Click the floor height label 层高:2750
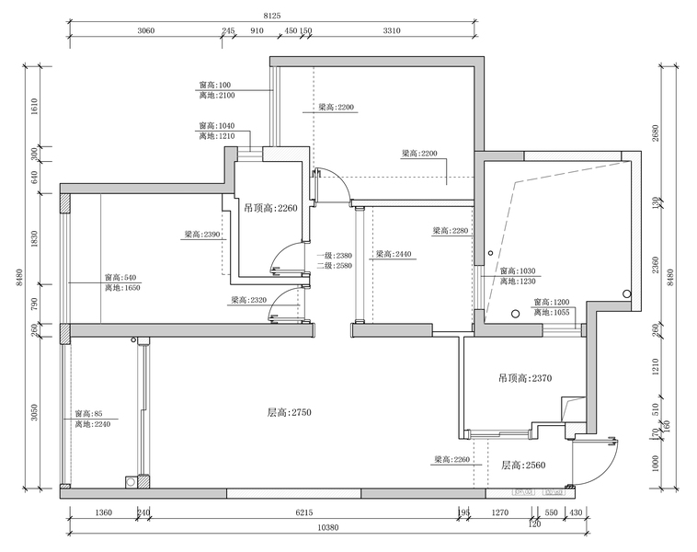click(x=290, y=413)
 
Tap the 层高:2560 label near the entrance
click(x=523, y=465)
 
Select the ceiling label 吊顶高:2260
click(x=271, y=208)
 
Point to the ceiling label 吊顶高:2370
click(x=524, y=377)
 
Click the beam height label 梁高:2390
click(x=202, y=235)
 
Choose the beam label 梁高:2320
click(x=248, y=300)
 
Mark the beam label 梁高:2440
click(x=393, y=254)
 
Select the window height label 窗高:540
click(x=120, y=278)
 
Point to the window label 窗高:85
click(x=89, y=414)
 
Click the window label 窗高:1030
click(x=518, y=271)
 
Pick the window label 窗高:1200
click(x=552, y=302)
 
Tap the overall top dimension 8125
click(x=272, y=17)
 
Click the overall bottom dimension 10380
click(x=329, y=527)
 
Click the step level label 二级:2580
click(x=334, y=265)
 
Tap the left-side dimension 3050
click(x=34, y=412)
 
